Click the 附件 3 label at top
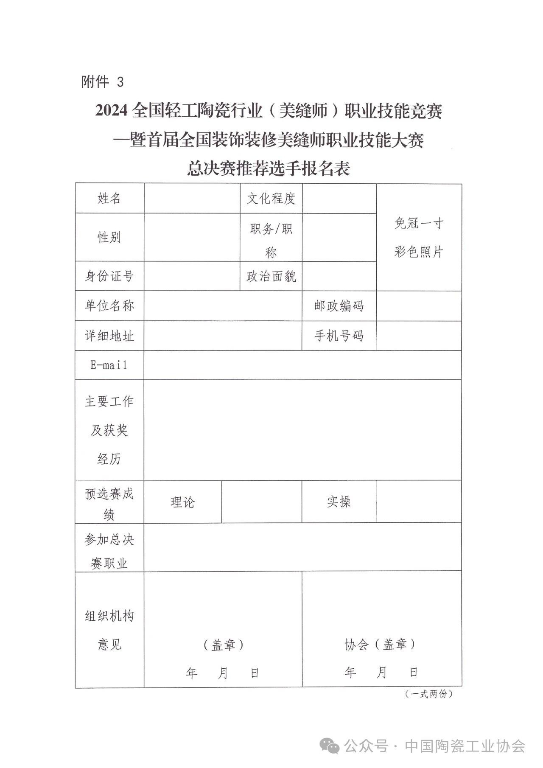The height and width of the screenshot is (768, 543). click(x=102, y=81)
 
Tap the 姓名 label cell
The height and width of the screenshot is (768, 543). click(x=109, y=198)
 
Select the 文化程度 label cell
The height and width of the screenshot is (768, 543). click(x=271, y=198)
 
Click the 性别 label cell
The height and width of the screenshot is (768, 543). click(x=109, y=237)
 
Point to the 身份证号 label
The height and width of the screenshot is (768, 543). click(x=109, y=276)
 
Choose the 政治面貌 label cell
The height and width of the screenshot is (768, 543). click(x=271, y=276)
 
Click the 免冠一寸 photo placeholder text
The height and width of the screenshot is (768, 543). click(x=419, y=223)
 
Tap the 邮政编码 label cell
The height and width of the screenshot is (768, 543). click(x=339, y=306)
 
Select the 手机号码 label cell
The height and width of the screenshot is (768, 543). click(x=339, y=336)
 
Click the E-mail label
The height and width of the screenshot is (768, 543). click(x=109, y=365)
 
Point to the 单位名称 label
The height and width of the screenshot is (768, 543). click(x=109, y=306)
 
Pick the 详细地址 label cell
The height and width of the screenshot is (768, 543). click(x=109, y=336)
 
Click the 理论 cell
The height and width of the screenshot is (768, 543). click(x=182, y=502)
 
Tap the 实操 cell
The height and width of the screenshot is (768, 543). click(x=339, y=502)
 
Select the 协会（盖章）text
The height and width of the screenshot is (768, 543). click(x=380, y=645)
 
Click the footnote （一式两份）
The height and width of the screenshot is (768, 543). click(x=428, y=694)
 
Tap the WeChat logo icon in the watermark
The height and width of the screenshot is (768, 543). click(x=330, y=746)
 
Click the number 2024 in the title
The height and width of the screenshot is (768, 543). click(x=111, y=111)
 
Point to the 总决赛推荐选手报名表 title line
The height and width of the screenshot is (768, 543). click(x=269, y=169)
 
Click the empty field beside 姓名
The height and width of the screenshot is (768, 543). click(x=192, y=198)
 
